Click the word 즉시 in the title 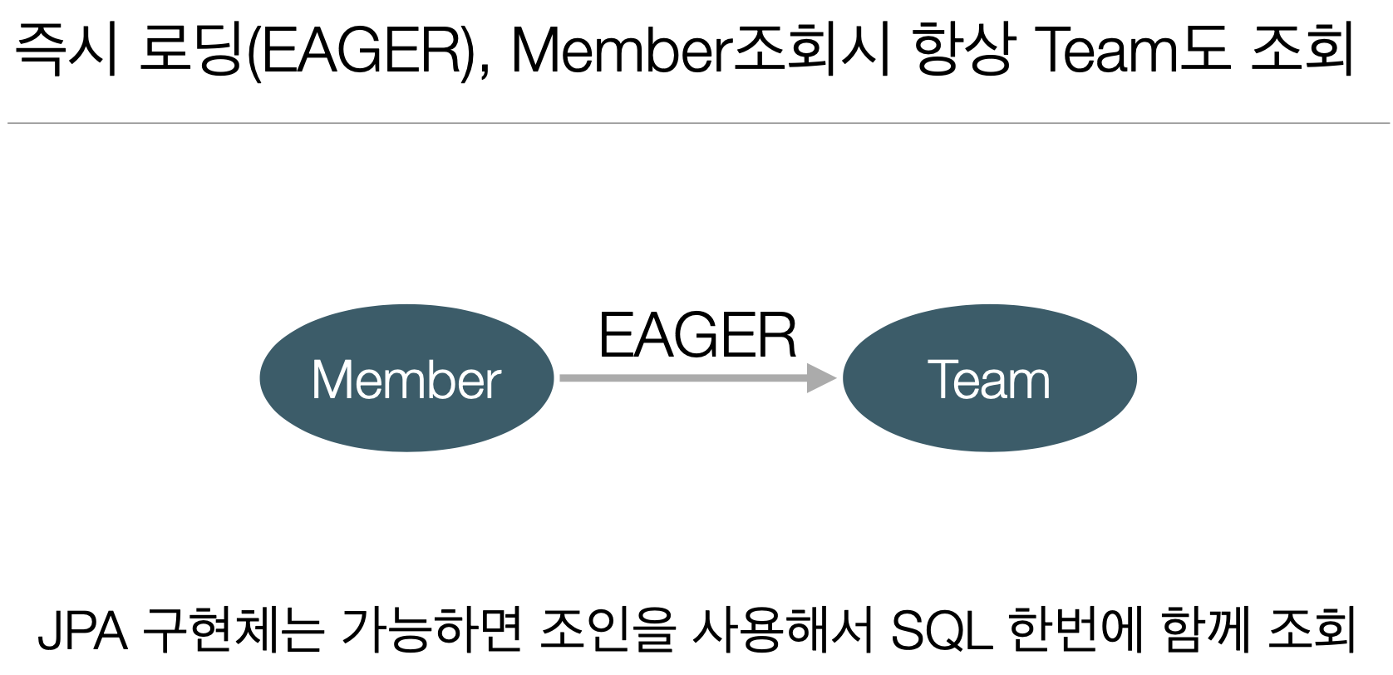click(66, 50)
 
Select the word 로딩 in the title click(191, 50)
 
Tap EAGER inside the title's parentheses click(361, 50)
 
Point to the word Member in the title click(619, 50)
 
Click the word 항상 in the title click(963, 50)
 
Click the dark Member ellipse click(406, 379)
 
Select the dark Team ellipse click(989, 379)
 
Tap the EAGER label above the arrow click(697, 336)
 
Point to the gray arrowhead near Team click(821, 378)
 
